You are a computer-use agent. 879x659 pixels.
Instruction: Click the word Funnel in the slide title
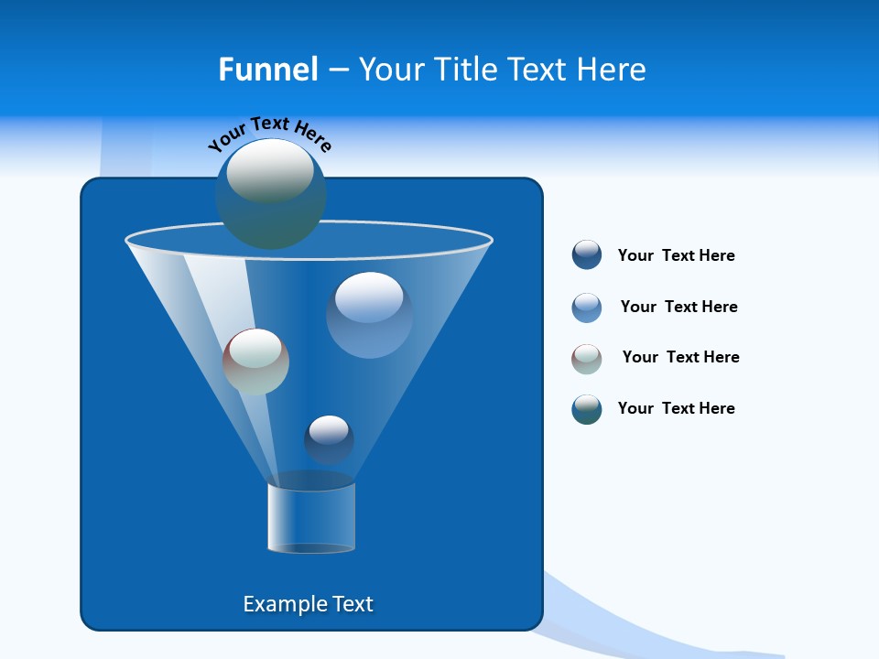point(268,70)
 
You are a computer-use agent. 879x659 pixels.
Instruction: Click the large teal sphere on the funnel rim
point(270,193)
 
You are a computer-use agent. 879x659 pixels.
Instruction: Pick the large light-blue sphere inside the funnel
point(369,314)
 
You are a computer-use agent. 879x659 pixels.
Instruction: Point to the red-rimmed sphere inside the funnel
point(255,362)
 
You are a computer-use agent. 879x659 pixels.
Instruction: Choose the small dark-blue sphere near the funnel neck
point(329,439)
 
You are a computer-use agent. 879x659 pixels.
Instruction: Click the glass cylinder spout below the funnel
point(311,517)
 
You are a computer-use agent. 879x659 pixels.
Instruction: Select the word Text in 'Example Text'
point(352,604)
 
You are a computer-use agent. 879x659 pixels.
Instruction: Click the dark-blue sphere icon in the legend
point(587,254)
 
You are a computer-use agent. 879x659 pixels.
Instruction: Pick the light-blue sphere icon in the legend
point(587,308)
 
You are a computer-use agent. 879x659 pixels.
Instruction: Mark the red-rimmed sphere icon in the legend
point(587,359)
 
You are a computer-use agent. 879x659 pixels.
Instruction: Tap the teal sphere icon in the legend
point(587,409)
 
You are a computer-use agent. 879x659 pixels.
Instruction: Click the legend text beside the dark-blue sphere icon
point(676,255)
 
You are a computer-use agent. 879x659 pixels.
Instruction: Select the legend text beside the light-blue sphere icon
point(678,307)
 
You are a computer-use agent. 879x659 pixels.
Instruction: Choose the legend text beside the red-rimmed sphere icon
point(680,357)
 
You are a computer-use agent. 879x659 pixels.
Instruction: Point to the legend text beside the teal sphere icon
point(676,408)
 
